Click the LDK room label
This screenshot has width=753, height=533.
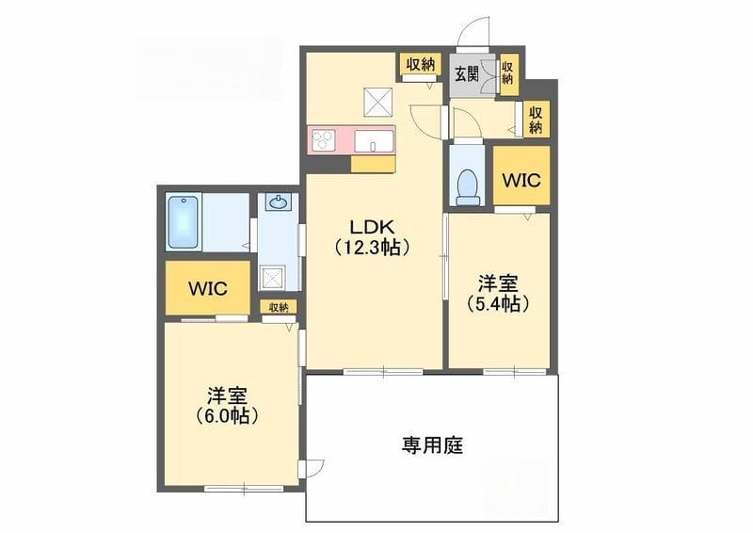point(373,225)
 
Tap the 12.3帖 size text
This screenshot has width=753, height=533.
point(372,247)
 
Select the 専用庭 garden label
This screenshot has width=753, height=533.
point(432,445)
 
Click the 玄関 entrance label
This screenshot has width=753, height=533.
point(466,73)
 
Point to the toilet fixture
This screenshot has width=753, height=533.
point(467,187)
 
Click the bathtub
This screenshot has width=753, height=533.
point(183,222)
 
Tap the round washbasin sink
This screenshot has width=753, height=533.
point(278,203)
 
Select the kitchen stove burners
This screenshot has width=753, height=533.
point(323,140)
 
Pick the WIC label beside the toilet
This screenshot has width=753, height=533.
point(521,180)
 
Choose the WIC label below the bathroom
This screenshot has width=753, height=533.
point(207,288)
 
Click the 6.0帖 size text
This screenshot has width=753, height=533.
point(227,416)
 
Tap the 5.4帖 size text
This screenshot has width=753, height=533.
point(499,304)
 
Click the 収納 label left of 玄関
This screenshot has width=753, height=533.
point(421,64)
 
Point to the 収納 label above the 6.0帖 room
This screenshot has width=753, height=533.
point(279,308)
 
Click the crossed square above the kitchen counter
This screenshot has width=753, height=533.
point(377,103)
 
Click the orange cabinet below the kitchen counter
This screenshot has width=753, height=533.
point(373,165)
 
